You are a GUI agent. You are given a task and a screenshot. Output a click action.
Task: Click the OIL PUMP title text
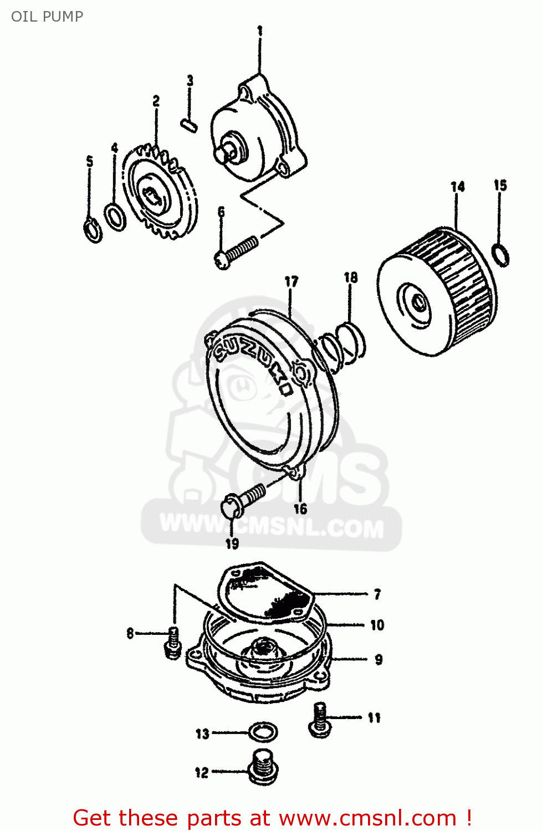[x=47, y=17]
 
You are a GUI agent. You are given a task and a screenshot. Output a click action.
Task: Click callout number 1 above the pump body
[x=259, y=31]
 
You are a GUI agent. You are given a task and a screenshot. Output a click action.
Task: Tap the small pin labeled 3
[x=189, y=125]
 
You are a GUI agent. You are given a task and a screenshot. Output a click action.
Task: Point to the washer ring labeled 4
[x=115, y=217]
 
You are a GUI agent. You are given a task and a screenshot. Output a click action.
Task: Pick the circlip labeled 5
[x=93, y=230]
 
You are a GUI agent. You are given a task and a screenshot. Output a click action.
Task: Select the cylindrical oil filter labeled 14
[x=438, y=291]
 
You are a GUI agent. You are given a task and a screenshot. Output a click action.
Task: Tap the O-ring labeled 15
[x=501, y=254]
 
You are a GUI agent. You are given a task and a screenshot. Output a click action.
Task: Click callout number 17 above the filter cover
[x=292, y=282]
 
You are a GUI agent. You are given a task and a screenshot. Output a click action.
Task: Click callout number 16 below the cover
[x=300, y=509]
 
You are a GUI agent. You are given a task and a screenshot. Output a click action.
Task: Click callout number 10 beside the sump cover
[x=377, y=625]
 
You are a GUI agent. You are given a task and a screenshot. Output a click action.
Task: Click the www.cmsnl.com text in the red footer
[x=367, y=818]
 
